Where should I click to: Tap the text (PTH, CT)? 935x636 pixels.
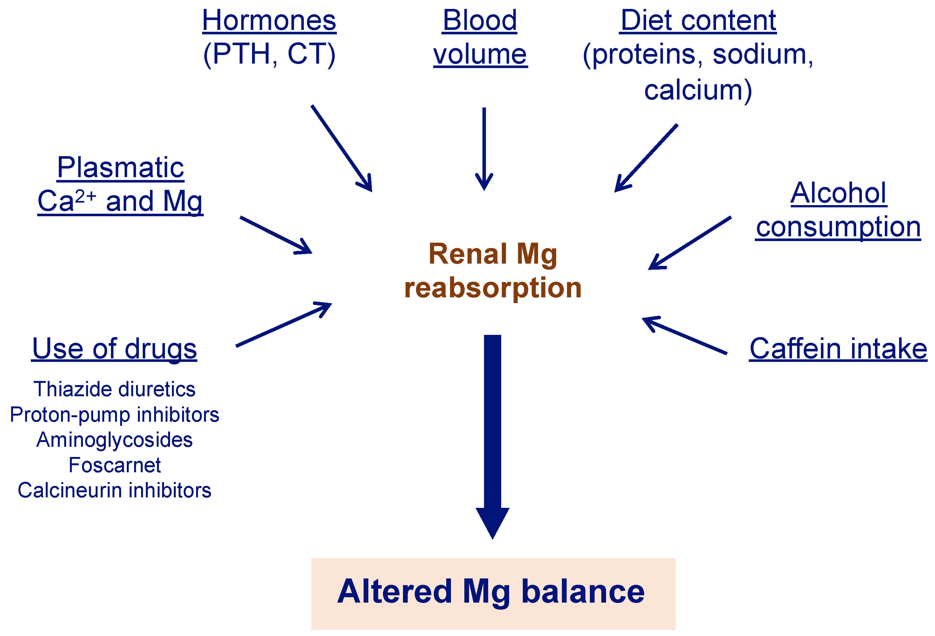point(269,54)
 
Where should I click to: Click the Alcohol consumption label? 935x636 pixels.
point(838,210)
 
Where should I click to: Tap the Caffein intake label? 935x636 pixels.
point(838,349)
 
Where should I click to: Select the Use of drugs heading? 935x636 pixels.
point(114,349)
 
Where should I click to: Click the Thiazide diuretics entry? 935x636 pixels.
point(114,389)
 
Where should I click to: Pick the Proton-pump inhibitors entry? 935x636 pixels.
point(114,415)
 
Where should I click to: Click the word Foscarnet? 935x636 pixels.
point(114,465)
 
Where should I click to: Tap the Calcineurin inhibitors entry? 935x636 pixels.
point(114,491)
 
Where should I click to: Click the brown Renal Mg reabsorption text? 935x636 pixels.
point(493,271)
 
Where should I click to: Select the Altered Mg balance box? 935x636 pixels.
point(493,593)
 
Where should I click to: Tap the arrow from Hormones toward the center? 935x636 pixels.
point(341,148)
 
